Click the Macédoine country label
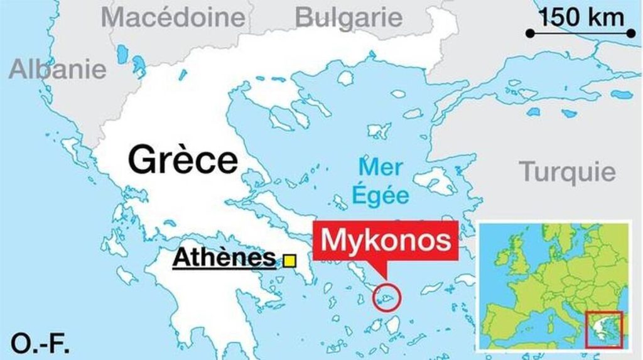173,17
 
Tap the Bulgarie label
349,17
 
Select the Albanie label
57,68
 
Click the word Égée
380,195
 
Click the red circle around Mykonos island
386,297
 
